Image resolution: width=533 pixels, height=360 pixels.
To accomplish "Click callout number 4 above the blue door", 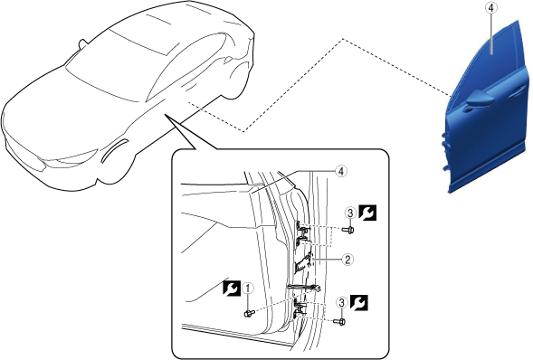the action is (x=490, y=8).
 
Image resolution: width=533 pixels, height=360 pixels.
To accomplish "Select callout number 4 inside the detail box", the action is (x=341, y=171).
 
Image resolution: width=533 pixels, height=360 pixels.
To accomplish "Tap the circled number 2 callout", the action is (x=347, y=260).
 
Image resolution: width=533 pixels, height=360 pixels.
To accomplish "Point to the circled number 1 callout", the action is (x=248, y=289).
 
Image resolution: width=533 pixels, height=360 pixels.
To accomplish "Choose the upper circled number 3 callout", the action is (x=350, y=213).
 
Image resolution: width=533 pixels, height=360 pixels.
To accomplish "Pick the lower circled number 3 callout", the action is (x=342, y=303).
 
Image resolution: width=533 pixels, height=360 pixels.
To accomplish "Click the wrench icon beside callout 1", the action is (x=232, y=289).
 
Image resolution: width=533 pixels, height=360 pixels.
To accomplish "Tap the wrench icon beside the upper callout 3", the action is (x=367, y=213).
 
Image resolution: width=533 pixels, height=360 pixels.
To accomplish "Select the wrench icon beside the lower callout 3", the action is (x=359, y=303).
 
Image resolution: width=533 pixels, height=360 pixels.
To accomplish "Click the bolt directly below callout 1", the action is (x=249, y=314).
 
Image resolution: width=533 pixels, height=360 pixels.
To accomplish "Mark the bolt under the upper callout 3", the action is (x=348, y=230).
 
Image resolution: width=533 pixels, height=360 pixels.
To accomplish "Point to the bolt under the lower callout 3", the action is (x=339, y=321).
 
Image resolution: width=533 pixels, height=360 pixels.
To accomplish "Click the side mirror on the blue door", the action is (x=480, y=99).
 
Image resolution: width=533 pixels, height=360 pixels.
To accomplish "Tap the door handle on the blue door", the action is (x=517, y=91).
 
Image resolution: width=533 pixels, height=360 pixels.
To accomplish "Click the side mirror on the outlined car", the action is (x=82, y=44).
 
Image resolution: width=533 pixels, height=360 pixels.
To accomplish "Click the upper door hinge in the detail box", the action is (x=302, y=234).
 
